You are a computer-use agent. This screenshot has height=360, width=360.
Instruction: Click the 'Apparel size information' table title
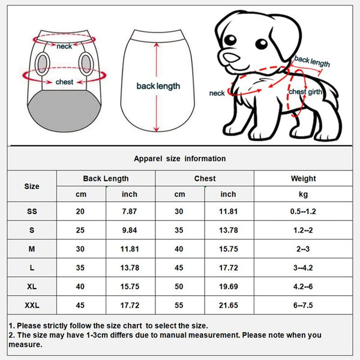point(180,158)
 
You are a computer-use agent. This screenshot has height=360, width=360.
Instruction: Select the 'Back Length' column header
point(106,178)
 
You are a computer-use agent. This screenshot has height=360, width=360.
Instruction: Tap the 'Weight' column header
point(303,178)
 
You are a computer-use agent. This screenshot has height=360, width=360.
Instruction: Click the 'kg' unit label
point(303,194)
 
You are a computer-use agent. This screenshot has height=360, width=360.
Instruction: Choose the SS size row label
point(32,211)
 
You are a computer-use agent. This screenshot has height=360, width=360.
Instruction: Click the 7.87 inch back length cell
point(130,211)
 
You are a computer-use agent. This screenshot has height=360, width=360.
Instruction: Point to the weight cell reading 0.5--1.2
point(303,211)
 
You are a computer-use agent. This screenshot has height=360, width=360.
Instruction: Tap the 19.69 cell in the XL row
point(229,287)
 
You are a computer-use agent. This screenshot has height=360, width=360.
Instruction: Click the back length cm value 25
point(80,230)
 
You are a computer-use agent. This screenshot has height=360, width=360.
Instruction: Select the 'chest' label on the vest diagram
point(64,82)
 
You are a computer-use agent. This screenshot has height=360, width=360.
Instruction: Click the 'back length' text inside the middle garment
point(158,86)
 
